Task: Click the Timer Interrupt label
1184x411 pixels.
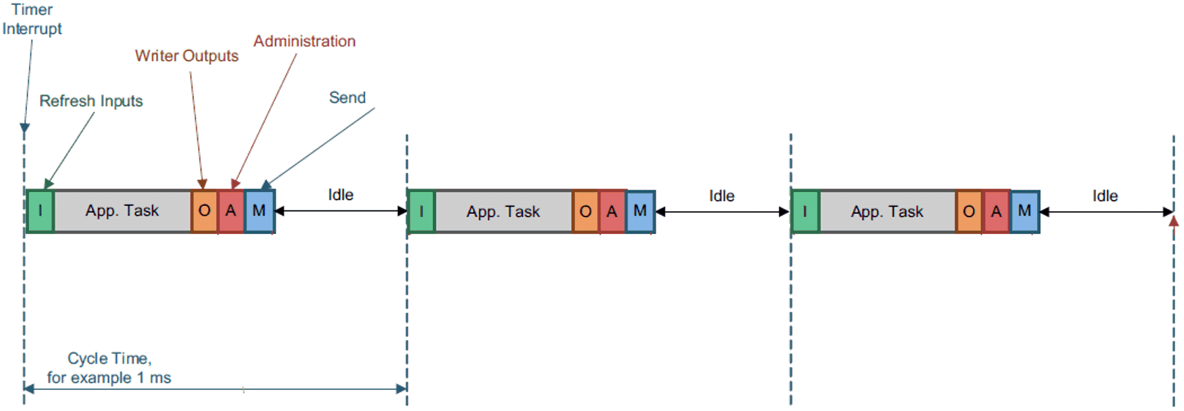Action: [32, 19]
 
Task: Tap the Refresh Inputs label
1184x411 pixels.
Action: [91, 101]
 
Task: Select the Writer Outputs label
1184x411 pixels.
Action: [187, 56]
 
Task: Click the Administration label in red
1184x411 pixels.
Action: [305, 41]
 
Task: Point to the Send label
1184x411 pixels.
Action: [347, 97]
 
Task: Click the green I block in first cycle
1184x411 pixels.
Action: [40, 210]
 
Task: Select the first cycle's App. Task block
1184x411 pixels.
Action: [122, 210]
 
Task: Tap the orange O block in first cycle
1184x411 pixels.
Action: [205, 210]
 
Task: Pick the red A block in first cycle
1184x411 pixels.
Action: [231, 210]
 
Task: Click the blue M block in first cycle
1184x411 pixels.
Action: [259, 210]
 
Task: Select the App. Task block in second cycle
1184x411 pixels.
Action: [503, 211]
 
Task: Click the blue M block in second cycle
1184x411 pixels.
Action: [640, 211]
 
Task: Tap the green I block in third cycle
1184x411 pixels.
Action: [805, 211]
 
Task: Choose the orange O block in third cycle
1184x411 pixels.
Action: [969, 211]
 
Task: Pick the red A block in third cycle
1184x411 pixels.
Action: [997, 211]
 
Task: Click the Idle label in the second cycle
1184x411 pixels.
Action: [722, 196]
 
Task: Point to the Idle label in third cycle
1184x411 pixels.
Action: [1105, 196]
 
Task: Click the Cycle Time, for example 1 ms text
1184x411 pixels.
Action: [109, 368]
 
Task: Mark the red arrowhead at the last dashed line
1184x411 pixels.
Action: [1173, 222]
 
